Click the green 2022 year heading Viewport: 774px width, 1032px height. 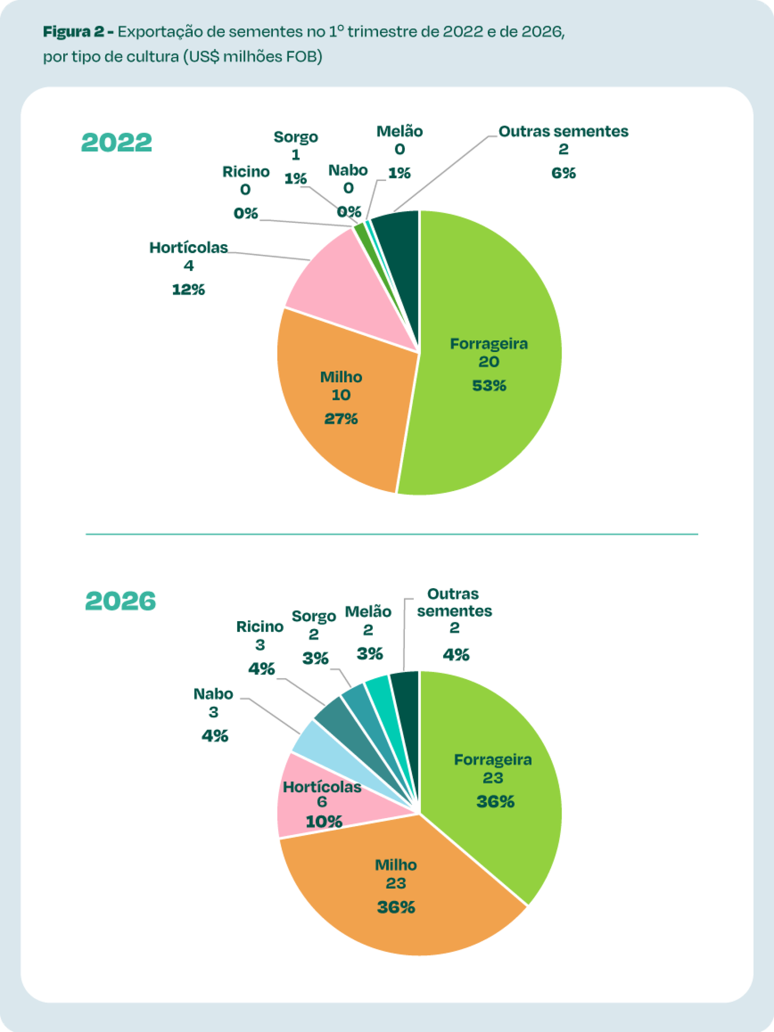[117, 142]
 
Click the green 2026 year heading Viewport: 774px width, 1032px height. [120, 601]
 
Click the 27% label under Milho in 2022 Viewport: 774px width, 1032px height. [341, 419]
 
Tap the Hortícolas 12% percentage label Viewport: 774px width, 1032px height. [188, 290]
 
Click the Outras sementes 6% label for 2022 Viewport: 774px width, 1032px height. [563, 173]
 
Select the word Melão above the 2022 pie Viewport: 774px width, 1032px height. [399, 131]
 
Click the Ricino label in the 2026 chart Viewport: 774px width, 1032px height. [260, 626]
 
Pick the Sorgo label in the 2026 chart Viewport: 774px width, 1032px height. [314, 616]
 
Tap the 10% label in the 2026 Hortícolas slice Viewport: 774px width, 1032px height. [324, 822]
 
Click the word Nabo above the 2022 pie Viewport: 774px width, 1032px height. [348, 171]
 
